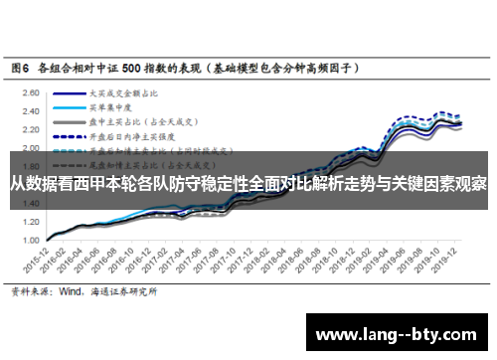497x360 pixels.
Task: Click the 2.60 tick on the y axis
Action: point(32,90)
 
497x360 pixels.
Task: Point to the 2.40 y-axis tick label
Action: point(32,109)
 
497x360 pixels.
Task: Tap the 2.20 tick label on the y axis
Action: point(32,128)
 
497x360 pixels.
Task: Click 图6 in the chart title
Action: point(20,70)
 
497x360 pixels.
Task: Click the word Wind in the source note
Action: point(72,292)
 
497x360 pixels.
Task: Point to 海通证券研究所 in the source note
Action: point(123,292)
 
